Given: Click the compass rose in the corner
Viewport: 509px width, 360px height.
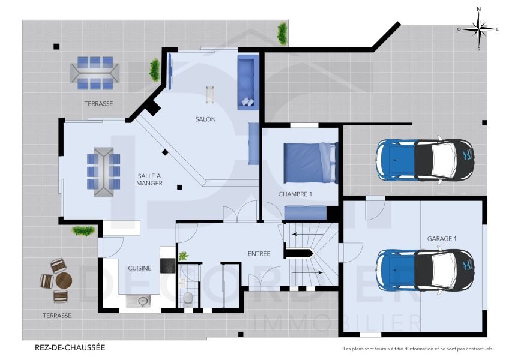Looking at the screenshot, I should [478, 28].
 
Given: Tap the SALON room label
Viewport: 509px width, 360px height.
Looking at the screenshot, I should [205, 119].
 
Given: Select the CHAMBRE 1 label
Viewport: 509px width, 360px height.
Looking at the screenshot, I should [295, 194].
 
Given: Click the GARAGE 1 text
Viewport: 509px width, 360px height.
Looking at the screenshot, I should [441, 238].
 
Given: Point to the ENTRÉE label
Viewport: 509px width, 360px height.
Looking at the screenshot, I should [259, 254].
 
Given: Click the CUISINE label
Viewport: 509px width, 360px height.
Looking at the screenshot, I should [139, 268].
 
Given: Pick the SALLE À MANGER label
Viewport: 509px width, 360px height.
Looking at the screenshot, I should [149, 179].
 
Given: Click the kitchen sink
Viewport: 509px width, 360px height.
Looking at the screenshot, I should [142, 301].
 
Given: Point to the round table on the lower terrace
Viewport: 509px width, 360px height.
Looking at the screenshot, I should [64, 280].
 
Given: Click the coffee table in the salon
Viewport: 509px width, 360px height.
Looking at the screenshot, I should [210, 94].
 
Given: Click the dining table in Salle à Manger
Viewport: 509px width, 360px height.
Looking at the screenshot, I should [103, 172].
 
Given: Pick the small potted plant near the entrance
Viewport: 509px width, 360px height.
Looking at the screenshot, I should [184, 256].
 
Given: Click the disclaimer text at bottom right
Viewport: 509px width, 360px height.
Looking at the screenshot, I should [418, 349].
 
